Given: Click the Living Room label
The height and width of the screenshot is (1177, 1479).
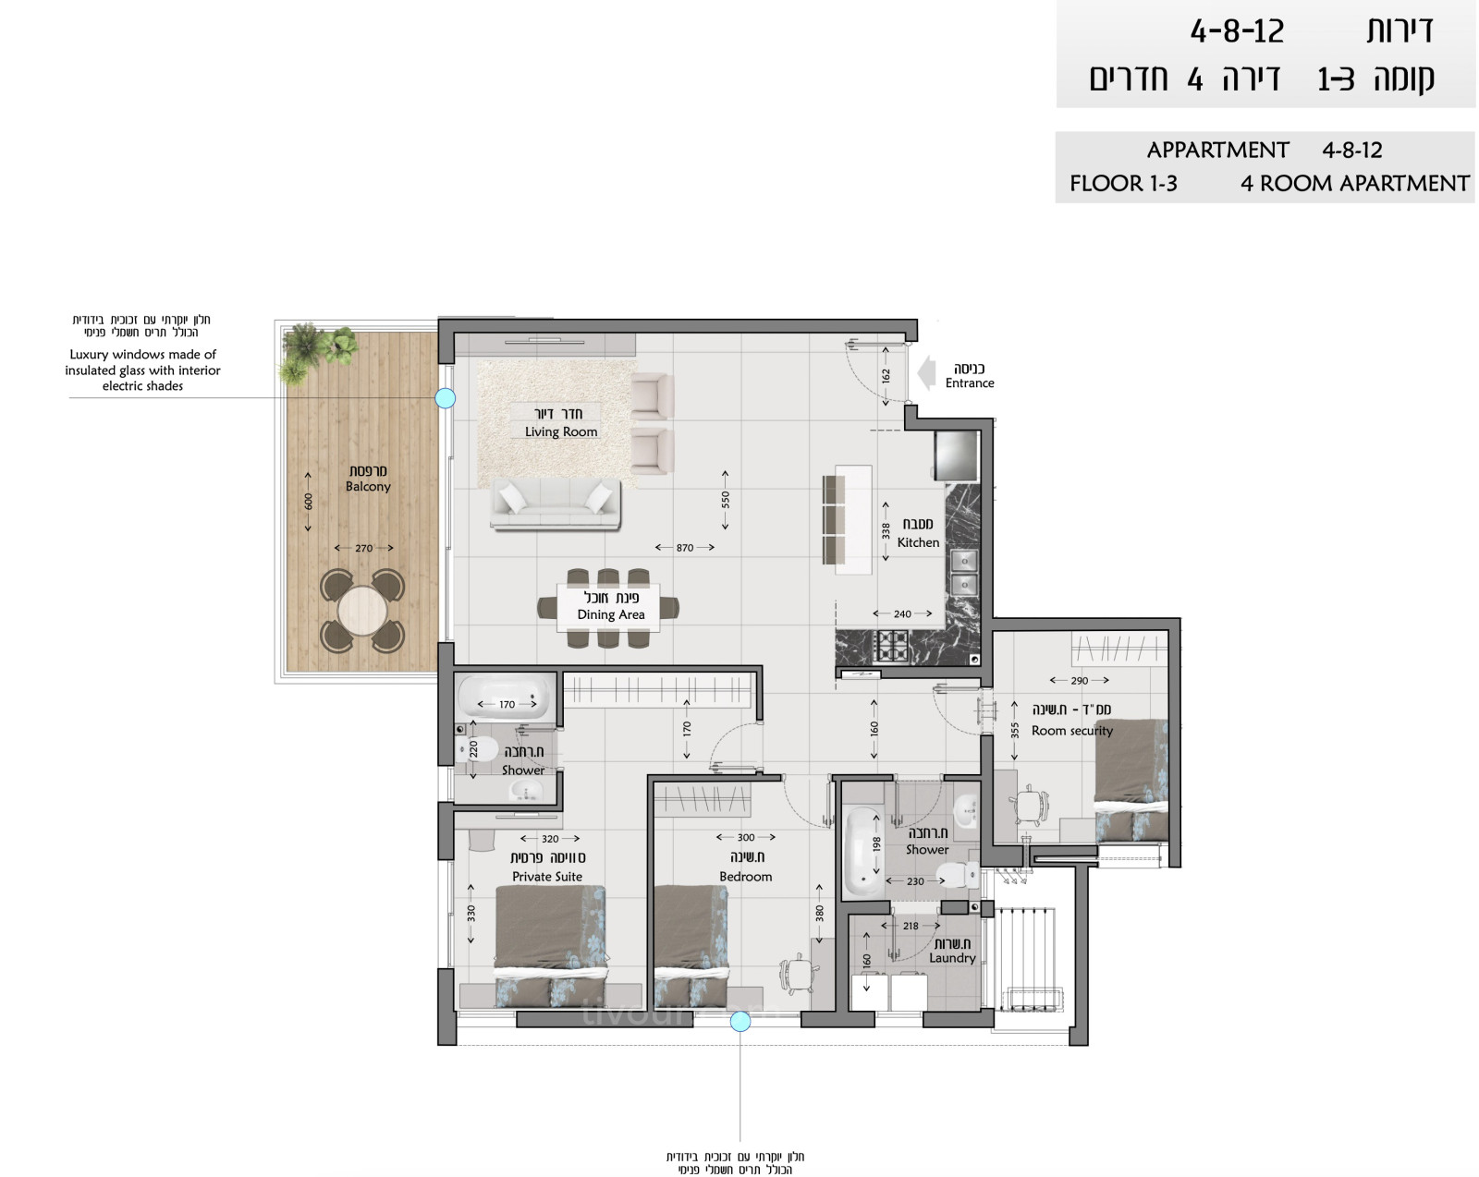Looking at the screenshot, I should click(560, 431).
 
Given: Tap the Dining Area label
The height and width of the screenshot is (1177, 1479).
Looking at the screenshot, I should click(610, 614).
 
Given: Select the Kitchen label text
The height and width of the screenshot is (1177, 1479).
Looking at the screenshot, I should click(918, 542).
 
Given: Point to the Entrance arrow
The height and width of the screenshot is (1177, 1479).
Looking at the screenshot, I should click(928, 375).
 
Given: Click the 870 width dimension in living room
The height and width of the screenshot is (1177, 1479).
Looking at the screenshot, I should click(684, 548).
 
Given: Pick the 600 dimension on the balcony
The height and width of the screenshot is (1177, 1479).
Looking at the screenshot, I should click(308, 501).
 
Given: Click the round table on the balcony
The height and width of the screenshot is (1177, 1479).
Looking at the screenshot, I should click(362, 611).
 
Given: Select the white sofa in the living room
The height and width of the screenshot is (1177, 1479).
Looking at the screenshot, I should click(555, 504).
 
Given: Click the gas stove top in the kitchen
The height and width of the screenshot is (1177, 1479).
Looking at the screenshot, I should click(892, 645).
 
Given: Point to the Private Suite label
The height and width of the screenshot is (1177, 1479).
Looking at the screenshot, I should click(547, 877).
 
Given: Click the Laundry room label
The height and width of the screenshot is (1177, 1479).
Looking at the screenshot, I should click(952, 958).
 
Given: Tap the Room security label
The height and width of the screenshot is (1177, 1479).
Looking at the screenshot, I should click(1071, 730).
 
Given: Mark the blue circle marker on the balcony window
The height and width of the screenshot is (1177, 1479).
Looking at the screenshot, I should click(446, 398).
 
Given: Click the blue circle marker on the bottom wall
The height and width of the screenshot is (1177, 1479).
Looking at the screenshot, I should click(740, 1021).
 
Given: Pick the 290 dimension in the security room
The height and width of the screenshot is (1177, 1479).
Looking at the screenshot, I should click(1079, 681).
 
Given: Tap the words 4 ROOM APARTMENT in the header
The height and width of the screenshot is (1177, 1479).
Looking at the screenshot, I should click(1354, 183).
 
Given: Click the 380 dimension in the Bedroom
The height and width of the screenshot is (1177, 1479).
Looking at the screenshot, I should click(819, 914).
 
